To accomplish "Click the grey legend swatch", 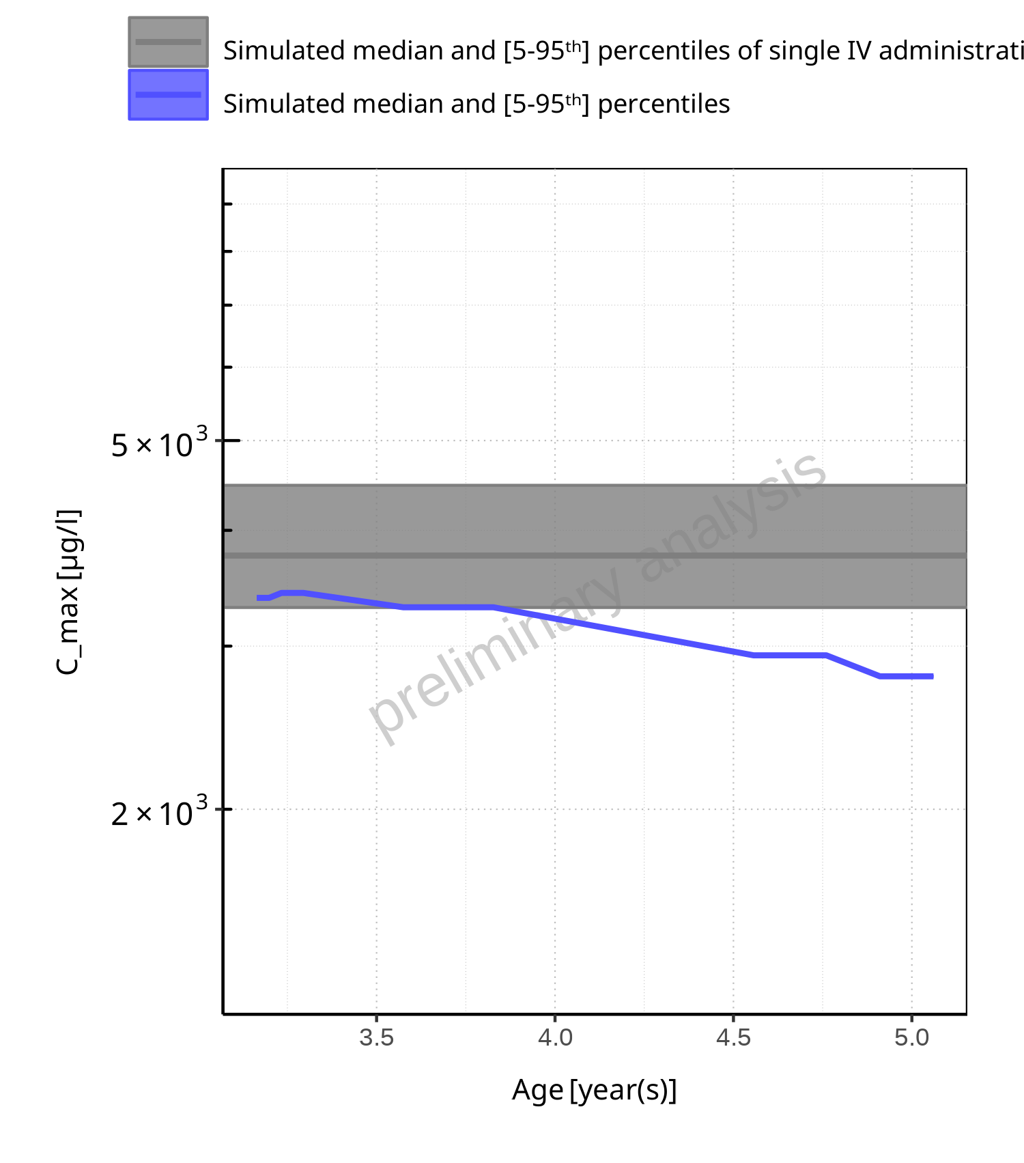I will tap(168, 42).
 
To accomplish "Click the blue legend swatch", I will tap(168, 95).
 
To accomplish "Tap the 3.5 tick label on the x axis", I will tap(377, 1038).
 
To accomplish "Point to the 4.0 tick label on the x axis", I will tap(555, 1038).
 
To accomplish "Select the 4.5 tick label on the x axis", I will tap(733, 1038).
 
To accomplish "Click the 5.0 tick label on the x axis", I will tap(912, 1038).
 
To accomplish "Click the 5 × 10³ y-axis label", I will tap(159, 445).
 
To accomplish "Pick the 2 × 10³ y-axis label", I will tap(159, 813).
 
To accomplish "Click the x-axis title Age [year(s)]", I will tap(594, 1090).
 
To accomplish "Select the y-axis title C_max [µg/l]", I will tap(68, 592).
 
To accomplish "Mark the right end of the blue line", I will tap(932, 676).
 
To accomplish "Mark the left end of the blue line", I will tap(258, 598).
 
